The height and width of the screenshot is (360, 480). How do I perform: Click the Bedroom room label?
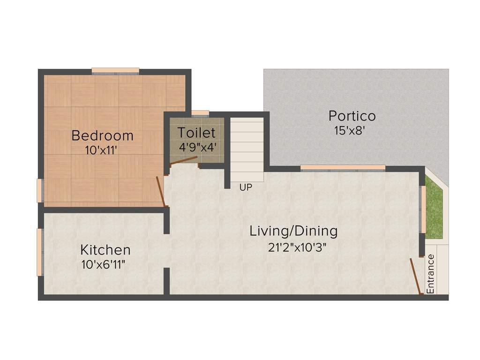pyautogui.click(x=102, y=136)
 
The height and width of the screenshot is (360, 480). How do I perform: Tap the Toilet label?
pyautogui.click(x=196, y=133)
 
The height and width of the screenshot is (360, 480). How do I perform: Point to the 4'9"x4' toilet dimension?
pyautogui.click(x=196, y=146)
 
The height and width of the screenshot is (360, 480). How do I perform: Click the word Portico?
pyautogui.click(x=352, y=116)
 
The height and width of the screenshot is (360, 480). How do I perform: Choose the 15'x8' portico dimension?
pyautogui.click(x=349, y=131)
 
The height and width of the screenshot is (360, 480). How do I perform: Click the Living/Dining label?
pyautogui.click(x=293, y=231)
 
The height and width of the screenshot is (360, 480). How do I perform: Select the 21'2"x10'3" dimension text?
pyautogui.click(x=297, y=247)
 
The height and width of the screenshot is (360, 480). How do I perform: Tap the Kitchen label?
pyautogui.click(x=105, y=249)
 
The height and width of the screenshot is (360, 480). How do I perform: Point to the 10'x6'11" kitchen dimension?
pyautogui.click(x=103, y=264)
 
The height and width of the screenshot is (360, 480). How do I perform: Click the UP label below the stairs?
pyautogui.click(x=246, y=187)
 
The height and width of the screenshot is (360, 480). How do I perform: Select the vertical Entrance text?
pyautogui.click(x=431, y=274)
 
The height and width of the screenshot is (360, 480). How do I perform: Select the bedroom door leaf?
pyautogui.click(x=160, y=191)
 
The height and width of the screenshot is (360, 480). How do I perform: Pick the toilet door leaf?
pyautogui.click(x=183, y=161)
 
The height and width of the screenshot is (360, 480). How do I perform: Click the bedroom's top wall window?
pyautogui.click(x=115, y=71)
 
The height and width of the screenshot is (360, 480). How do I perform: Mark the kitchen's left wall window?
pyautogui.click(x=40, y=252)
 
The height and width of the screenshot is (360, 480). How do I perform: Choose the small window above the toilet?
pyautogui.click(x=200, y=113)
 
